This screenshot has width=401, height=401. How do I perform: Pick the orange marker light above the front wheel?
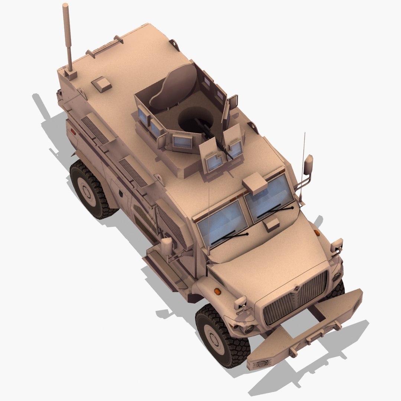click(218, 291)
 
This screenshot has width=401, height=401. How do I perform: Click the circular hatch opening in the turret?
click(195, 119)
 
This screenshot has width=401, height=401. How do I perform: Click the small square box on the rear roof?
click(101, 84)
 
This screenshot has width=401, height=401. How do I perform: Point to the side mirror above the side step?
click(167, 245)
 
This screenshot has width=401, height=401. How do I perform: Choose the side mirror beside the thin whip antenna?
click(308, 165)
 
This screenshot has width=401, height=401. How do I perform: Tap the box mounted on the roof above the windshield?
click(255, 184)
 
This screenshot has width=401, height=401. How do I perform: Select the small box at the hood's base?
click(272, 225)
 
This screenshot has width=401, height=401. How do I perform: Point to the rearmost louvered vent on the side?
click(94, 130)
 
